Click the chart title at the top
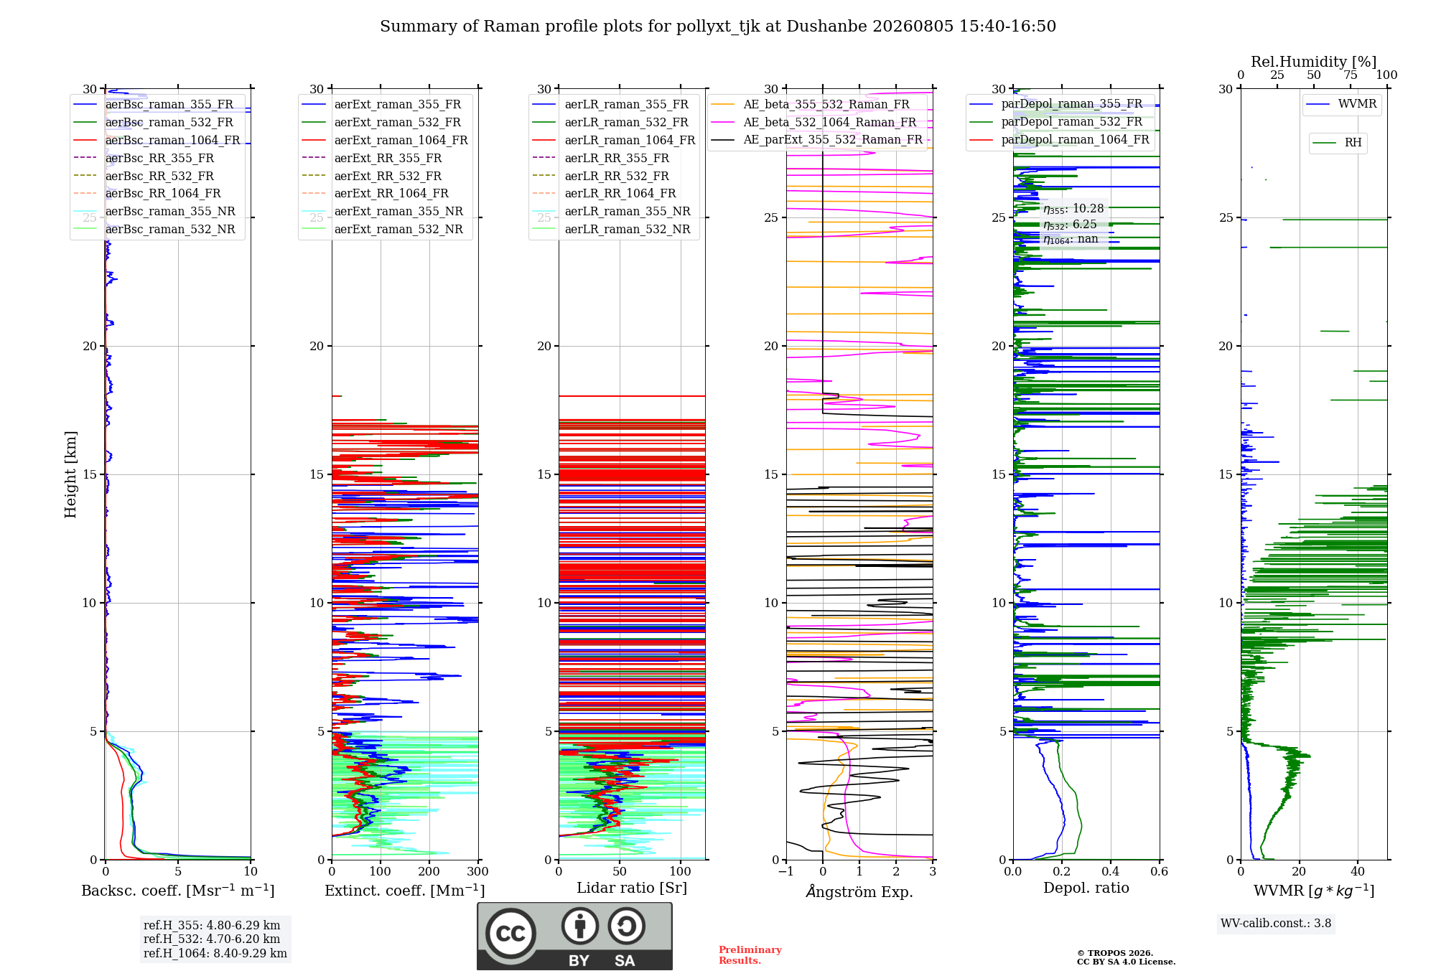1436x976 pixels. point(718,27)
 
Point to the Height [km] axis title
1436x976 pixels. point(70,474)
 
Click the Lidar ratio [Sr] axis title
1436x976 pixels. point(632,888)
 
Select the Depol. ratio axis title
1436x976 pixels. point(1086,888)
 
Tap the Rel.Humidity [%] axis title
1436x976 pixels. point(1314,62)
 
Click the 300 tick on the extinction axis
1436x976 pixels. point(478,872)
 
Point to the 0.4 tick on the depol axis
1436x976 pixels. point(1111,872)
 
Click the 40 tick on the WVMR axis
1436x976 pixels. point(1358,872)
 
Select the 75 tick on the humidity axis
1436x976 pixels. point(1351,75)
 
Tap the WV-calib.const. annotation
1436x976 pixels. point(1276,924)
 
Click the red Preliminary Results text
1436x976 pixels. point(750,955)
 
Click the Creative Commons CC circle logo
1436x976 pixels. point(510,934)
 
